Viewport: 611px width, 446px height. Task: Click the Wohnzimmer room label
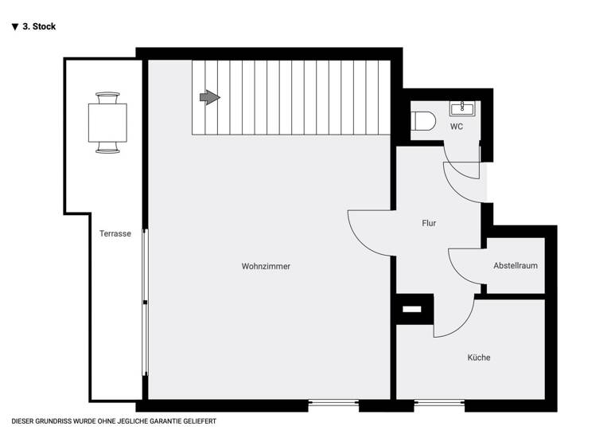click(266, 266)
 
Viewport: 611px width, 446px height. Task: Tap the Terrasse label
click(115, 233)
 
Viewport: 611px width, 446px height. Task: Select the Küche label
click(479, 358)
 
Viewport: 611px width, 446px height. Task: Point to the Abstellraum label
click(515, 265)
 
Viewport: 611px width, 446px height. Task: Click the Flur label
click(429, 223)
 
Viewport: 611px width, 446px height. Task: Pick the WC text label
click(457, 127)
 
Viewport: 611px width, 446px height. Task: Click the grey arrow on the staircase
click(209, 97)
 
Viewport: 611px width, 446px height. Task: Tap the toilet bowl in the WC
click(424, 120)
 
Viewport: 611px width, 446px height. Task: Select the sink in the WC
click(461, 108)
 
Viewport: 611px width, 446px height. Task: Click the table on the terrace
click(107, 123)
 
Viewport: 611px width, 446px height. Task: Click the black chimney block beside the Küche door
click(412, 308)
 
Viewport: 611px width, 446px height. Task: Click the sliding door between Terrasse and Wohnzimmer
click(145, 303)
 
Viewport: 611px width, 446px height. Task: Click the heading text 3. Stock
click(39, 26)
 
